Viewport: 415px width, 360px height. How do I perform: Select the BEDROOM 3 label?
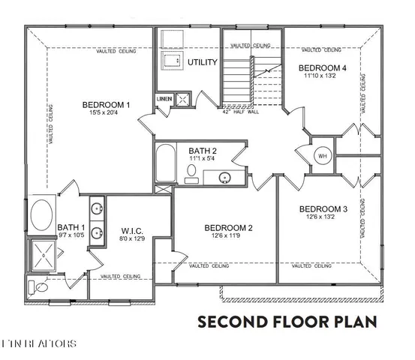tap(323, 209)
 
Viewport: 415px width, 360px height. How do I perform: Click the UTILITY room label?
tap(202, 62)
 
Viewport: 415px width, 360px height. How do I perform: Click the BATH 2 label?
tap(203, 151)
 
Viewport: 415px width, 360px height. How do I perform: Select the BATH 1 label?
tap(71, 227)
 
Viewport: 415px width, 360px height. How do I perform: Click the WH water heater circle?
tap(323, 156)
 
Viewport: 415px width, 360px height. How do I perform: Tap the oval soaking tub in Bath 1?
tap(43, 215)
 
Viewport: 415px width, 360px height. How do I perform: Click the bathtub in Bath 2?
tap(166, 163)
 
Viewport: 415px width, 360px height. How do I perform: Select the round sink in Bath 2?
tap(224, 178)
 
